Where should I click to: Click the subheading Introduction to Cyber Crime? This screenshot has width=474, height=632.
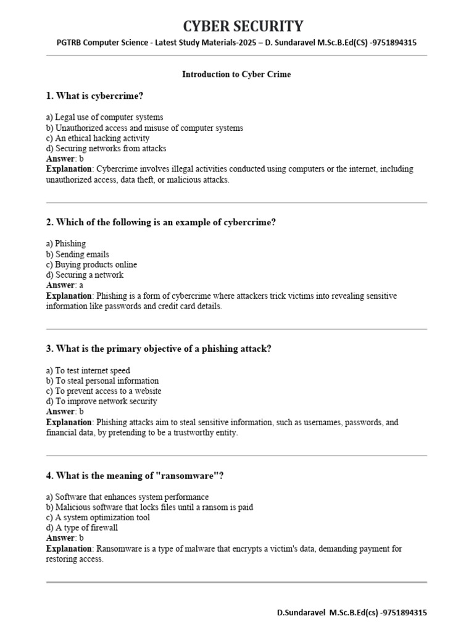tap(236, 74)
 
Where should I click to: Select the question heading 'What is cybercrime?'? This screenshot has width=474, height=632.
tap(99, 96)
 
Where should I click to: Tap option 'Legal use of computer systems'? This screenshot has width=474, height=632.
tap(104, 117)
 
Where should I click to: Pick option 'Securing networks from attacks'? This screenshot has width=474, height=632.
tap(106, 149)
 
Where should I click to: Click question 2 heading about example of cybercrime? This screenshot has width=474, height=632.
tap(160, 222)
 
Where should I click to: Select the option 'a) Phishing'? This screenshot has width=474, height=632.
tap(66, 244)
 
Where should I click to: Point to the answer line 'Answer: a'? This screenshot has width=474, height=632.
tap(64, 285)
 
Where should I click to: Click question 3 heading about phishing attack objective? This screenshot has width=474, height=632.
tap(159, 349)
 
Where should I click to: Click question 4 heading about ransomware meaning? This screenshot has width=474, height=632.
tap(135, 475)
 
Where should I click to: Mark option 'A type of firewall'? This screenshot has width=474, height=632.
tap(82, 528)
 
